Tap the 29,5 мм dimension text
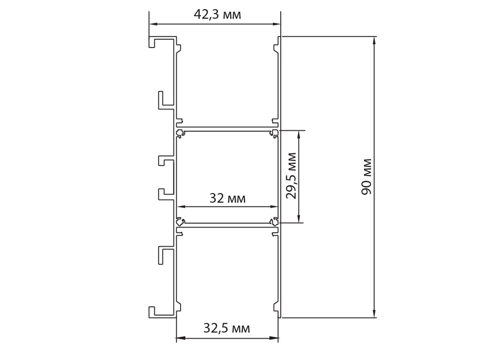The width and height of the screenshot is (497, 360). (x=292, y=176)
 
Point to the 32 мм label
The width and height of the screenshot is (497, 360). (x=227, y=198)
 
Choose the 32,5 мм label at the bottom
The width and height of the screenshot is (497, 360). (x=227, y=329)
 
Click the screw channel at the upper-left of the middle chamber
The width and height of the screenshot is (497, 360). (x=180, y=133)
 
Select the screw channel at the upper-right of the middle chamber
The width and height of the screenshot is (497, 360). (x=275, y=133)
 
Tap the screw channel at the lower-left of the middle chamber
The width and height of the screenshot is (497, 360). (x=180, y=221)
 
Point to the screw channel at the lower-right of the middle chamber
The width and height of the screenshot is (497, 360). (x=275, y=221)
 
